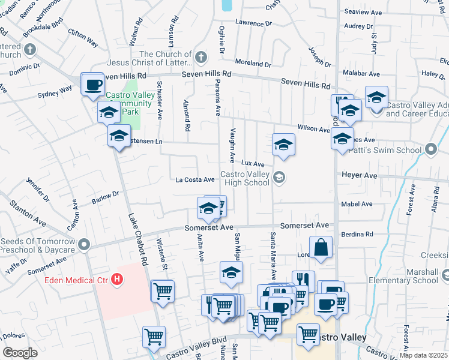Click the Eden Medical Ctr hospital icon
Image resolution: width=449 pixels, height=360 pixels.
click(118, 279)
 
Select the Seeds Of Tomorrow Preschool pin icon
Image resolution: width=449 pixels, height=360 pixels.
click(83, 245)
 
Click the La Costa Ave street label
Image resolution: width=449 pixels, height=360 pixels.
click(195, 179)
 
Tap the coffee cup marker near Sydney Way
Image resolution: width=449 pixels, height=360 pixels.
click(92, 85)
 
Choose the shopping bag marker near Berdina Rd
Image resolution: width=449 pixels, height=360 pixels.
click(321, 247)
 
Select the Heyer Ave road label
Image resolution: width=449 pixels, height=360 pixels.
click(359, 175)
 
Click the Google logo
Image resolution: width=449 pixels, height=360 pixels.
click(20, 353)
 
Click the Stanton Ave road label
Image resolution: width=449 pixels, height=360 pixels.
click(27, 213)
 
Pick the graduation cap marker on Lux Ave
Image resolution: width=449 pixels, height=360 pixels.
click(283, 145)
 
